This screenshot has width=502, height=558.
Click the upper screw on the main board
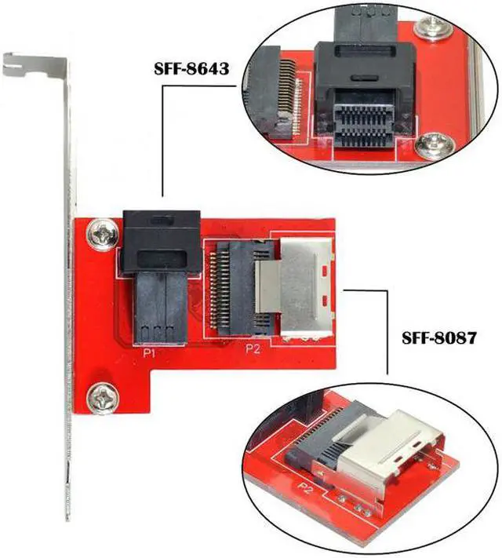coord(102,233)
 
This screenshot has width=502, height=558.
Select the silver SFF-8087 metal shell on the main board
coord(308,287)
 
